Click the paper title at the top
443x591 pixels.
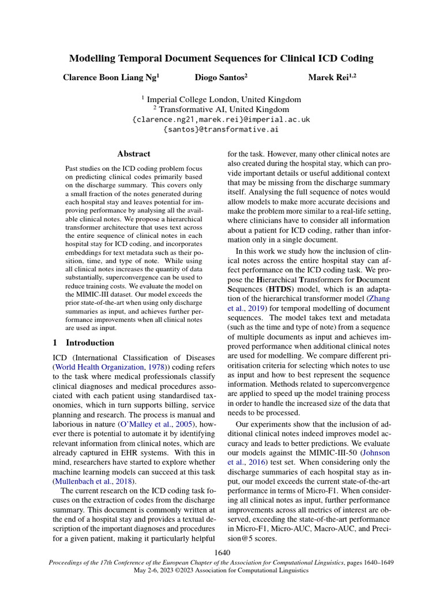[221, 58]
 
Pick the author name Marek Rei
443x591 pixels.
[332, 77]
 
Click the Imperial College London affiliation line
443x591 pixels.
[221, 99]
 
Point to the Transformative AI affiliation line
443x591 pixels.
[221, 109]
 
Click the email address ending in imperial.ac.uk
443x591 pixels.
[221, 119]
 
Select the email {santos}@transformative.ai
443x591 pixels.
[221, 129]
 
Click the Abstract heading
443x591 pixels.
[133, 154]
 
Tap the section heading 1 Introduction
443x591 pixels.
[84, 343]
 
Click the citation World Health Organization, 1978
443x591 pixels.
[107, 367]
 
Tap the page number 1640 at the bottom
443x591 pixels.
[222, 553]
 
